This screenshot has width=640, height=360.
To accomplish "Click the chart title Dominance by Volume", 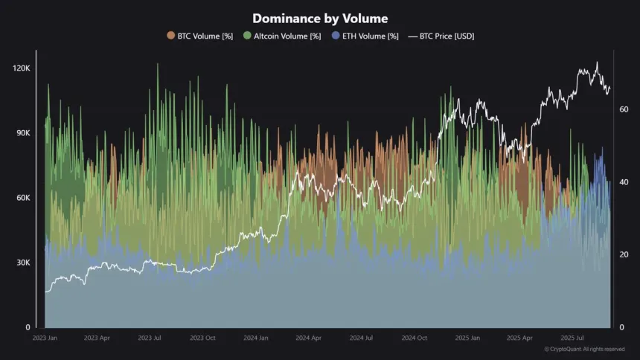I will [320, 19].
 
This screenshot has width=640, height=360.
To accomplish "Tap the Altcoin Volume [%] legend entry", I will [286, 36].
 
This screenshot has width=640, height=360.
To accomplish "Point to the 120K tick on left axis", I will [20, 68].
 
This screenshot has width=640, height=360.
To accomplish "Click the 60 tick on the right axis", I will [624, 109].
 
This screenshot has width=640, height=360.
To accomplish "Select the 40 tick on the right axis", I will [624, 182].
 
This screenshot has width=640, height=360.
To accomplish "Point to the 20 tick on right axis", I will [624, 255].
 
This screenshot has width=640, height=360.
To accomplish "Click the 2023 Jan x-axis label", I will [45, 338].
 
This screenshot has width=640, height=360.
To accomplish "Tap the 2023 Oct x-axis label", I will [202, 338].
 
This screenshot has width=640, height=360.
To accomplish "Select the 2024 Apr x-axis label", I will [308, 338].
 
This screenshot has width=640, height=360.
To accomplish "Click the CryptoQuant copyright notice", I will [584, 349].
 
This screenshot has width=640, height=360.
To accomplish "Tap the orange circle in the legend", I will [170, 36].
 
